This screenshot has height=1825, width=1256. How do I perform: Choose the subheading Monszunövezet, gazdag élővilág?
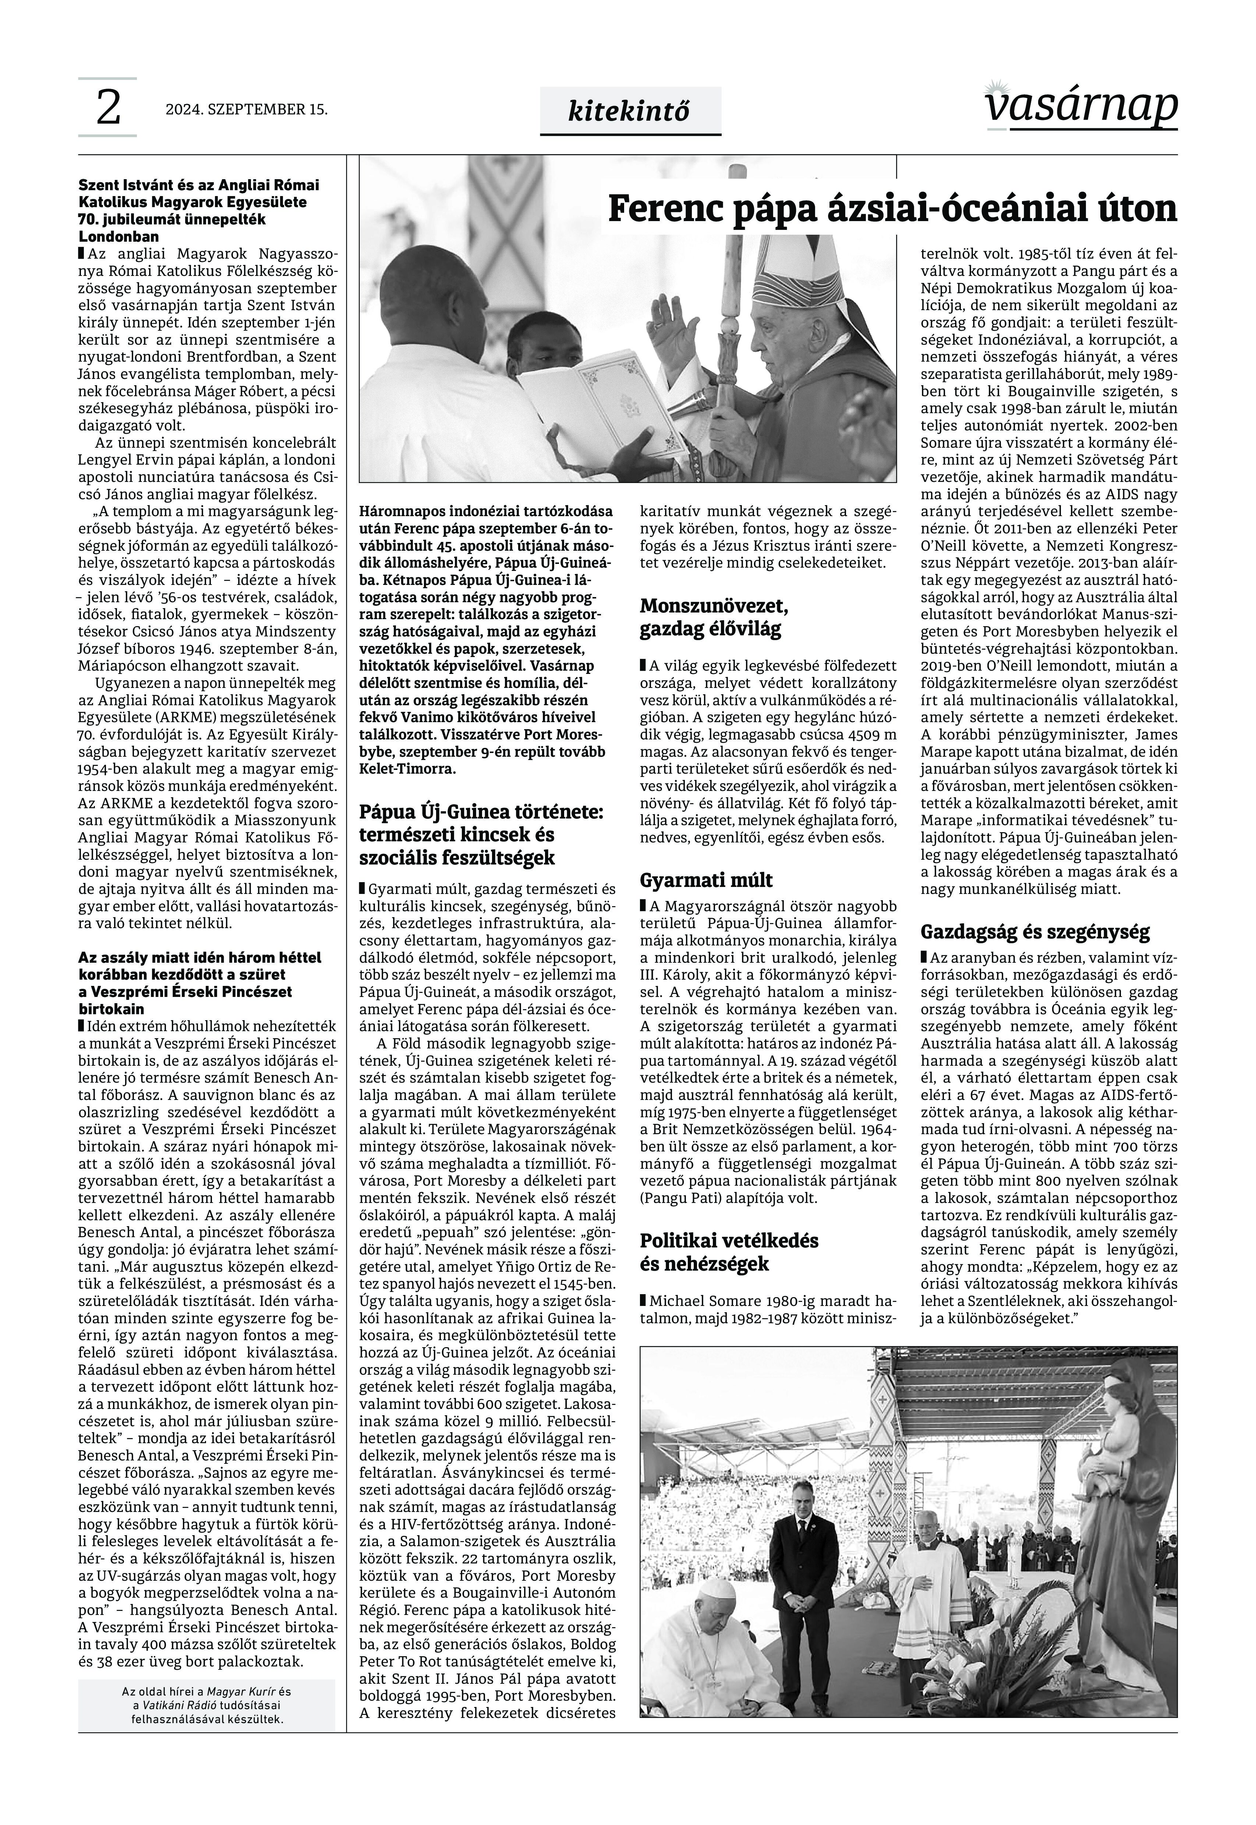click(714, 618)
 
